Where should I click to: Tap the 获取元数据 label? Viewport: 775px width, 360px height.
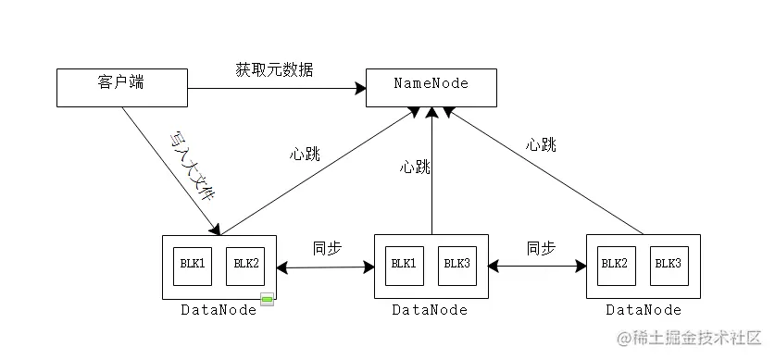tap(273, 70)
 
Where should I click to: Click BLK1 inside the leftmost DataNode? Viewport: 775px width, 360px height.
tap(193, 265)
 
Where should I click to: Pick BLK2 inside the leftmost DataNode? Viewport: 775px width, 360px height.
tap(245, 265)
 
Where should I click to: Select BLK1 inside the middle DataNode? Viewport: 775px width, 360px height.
tap(404, 265)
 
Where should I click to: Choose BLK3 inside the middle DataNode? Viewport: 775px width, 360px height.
tap(456, 265)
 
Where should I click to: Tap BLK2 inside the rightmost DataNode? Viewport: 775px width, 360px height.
tap(615, 265)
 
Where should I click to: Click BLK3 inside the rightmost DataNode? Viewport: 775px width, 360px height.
tap(668, 265)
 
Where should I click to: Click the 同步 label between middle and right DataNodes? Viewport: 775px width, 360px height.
tap(541, 248)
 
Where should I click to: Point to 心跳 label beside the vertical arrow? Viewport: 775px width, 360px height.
tap(414, 168)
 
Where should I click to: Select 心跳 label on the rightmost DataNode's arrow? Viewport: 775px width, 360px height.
tap(541, 144)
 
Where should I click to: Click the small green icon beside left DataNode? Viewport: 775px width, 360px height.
tap(267, 300)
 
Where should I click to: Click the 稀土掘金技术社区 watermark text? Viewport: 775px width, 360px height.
tap(689, 336)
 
